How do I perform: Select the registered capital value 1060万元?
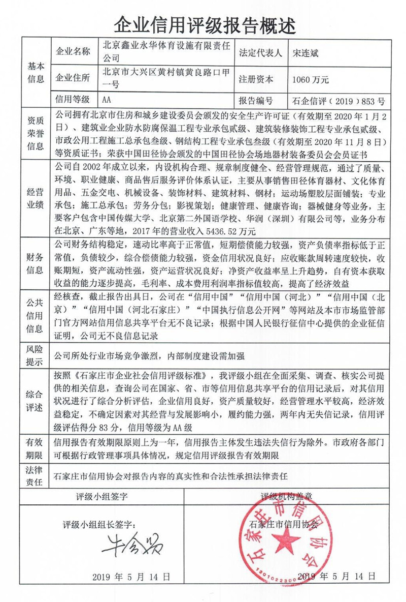coord(311,79)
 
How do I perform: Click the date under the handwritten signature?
coord(131,577)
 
